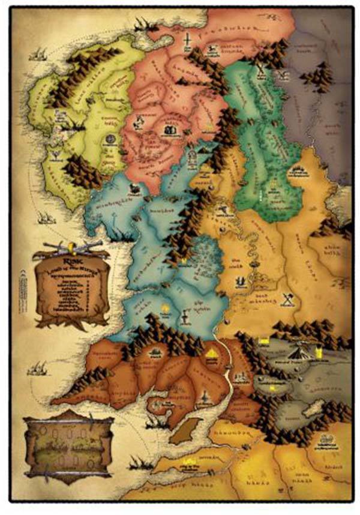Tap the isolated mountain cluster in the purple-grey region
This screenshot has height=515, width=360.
316,78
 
